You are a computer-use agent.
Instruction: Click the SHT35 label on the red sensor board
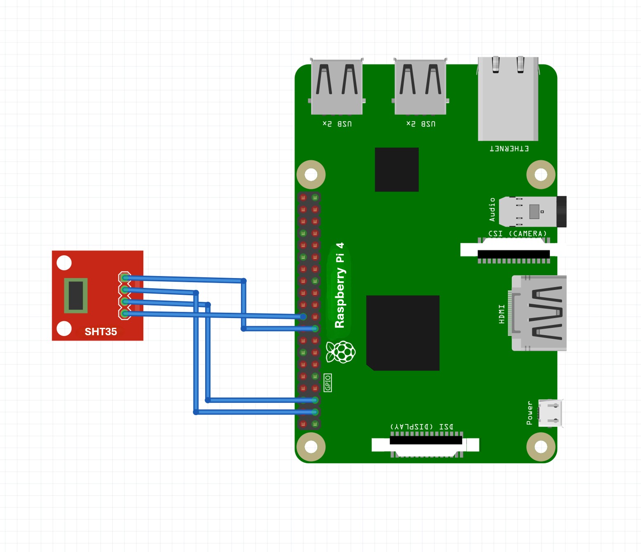coord(101,332)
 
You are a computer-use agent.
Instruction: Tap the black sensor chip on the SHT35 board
coord(76,295)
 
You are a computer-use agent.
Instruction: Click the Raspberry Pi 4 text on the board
coord(340,285)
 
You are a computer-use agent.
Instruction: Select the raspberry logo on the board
coord(341,352)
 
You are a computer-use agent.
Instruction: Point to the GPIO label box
coord(328,383)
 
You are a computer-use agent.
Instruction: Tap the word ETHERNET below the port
coord(509,149)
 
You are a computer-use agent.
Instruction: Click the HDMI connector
coord(539,313)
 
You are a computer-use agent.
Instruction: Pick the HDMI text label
coord(502,314)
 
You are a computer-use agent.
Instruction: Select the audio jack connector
coord(532,212)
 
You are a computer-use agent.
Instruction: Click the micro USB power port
coord(550,413)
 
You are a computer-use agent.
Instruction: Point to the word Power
coord(530,413)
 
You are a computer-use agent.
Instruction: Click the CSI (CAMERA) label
coord(518,234)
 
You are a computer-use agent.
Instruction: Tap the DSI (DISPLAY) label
coord(422,426)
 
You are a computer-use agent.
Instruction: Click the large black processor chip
coord(403,333)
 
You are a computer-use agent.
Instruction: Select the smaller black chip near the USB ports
coord(397,169)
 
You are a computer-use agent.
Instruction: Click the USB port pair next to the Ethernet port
coord(420,87)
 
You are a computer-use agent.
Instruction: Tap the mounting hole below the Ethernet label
coord(541,175)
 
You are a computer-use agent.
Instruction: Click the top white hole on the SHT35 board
coord(64,263)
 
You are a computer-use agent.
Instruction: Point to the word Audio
coord(492,209)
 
